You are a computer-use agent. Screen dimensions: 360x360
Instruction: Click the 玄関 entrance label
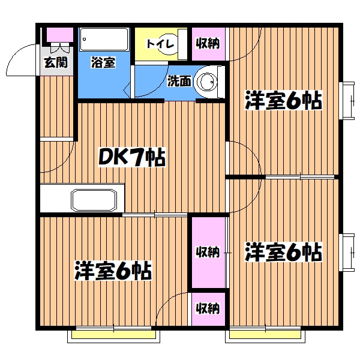click(58, 61)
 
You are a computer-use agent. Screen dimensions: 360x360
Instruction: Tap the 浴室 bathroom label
click(103, 62)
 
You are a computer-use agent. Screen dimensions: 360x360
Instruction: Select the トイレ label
click(161, 44)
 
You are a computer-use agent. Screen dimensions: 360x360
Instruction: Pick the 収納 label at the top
click(208, 43)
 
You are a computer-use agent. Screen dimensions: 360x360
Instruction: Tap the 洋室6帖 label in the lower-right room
click(283, 253)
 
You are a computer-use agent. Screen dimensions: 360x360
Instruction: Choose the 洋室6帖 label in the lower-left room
click(113, 271)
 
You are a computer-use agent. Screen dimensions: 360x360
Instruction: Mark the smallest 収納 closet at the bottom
click(208, 309)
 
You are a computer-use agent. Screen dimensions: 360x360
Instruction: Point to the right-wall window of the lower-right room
click(347, 253)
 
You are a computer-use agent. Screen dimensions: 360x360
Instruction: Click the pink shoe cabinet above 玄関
click(59, 35)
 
